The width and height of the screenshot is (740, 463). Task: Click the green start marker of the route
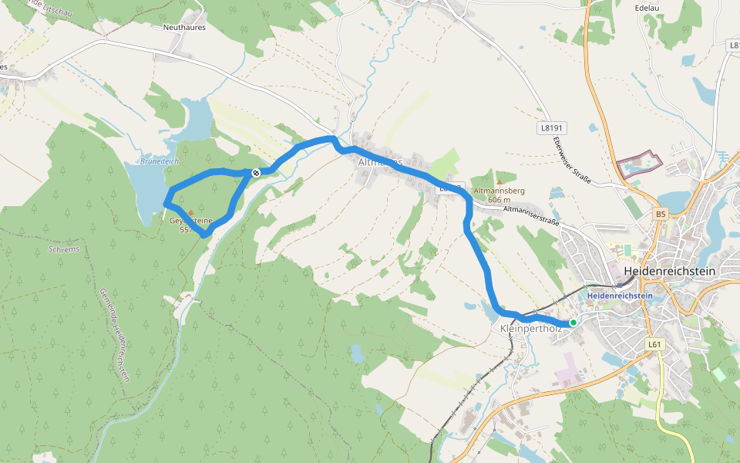(x=573, y=323)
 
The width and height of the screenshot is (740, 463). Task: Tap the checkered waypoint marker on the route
(x=255, y=173)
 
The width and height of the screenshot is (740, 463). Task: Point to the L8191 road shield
(x=552, y=128)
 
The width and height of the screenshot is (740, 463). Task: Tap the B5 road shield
(x=660, y=214)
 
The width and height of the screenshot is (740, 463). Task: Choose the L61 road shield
(x=654, y=344)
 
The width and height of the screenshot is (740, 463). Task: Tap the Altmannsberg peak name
(x=499, y=190)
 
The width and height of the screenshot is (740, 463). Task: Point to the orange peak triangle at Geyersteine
(x=190, y=212)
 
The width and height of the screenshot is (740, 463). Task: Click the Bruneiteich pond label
(x=160, y=161)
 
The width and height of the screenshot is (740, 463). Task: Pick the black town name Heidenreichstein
(x=668, y=272)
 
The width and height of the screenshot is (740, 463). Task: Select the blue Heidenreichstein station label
(x=619, y=296)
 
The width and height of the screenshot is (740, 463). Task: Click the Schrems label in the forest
(x=63, y=249)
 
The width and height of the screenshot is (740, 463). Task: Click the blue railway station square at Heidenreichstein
(x=620, y=284)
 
